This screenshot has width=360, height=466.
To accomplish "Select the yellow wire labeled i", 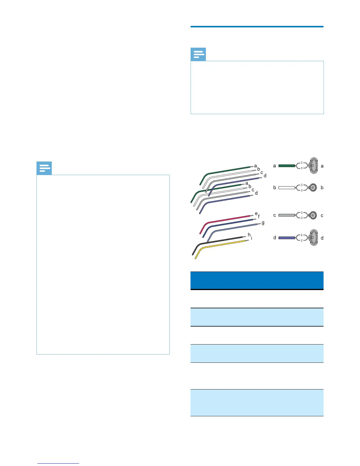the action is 224,244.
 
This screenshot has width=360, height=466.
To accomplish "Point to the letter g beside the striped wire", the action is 263,223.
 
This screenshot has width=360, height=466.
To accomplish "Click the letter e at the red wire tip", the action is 256,214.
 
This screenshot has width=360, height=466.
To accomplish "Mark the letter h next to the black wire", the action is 249,234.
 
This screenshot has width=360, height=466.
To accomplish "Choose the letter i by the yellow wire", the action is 251,238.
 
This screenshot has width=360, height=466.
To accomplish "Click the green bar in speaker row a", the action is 286,166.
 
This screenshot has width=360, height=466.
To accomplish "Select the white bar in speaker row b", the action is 286,187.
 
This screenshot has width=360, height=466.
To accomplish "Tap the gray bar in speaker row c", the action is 286,215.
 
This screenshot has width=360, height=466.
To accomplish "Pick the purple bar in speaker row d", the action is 286,238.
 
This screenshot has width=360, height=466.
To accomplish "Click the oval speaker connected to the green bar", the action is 314,166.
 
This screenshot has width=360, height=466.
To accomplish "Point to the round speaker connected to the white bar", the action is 313,187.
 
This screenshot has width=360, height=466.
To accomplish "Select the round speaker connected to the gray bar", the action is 313,215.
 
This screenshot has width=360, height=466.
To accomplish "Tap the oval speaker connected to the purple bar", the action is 314,238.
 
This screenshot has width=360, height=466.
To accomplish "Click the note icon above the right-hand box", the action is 198,54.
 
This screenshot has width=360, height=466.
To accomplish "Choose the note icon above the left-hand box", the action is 44,168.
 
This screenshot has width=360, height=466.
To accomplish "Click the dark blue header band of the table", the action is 257,280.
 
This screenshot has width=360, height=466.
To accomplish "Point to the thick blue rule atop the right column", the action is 257,27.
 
